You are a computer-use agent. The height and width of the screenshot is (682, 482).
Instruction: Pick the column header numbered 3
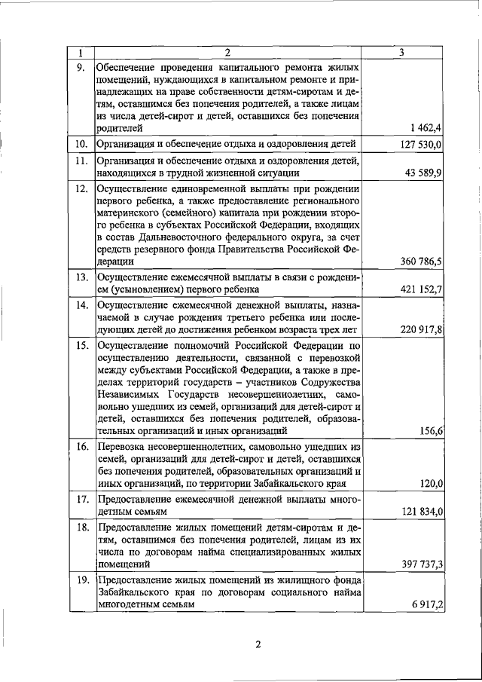[x=403, y=53]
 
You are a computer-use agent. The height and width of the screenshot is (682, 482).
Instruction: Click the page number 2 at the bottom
[x=257, y=644]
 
